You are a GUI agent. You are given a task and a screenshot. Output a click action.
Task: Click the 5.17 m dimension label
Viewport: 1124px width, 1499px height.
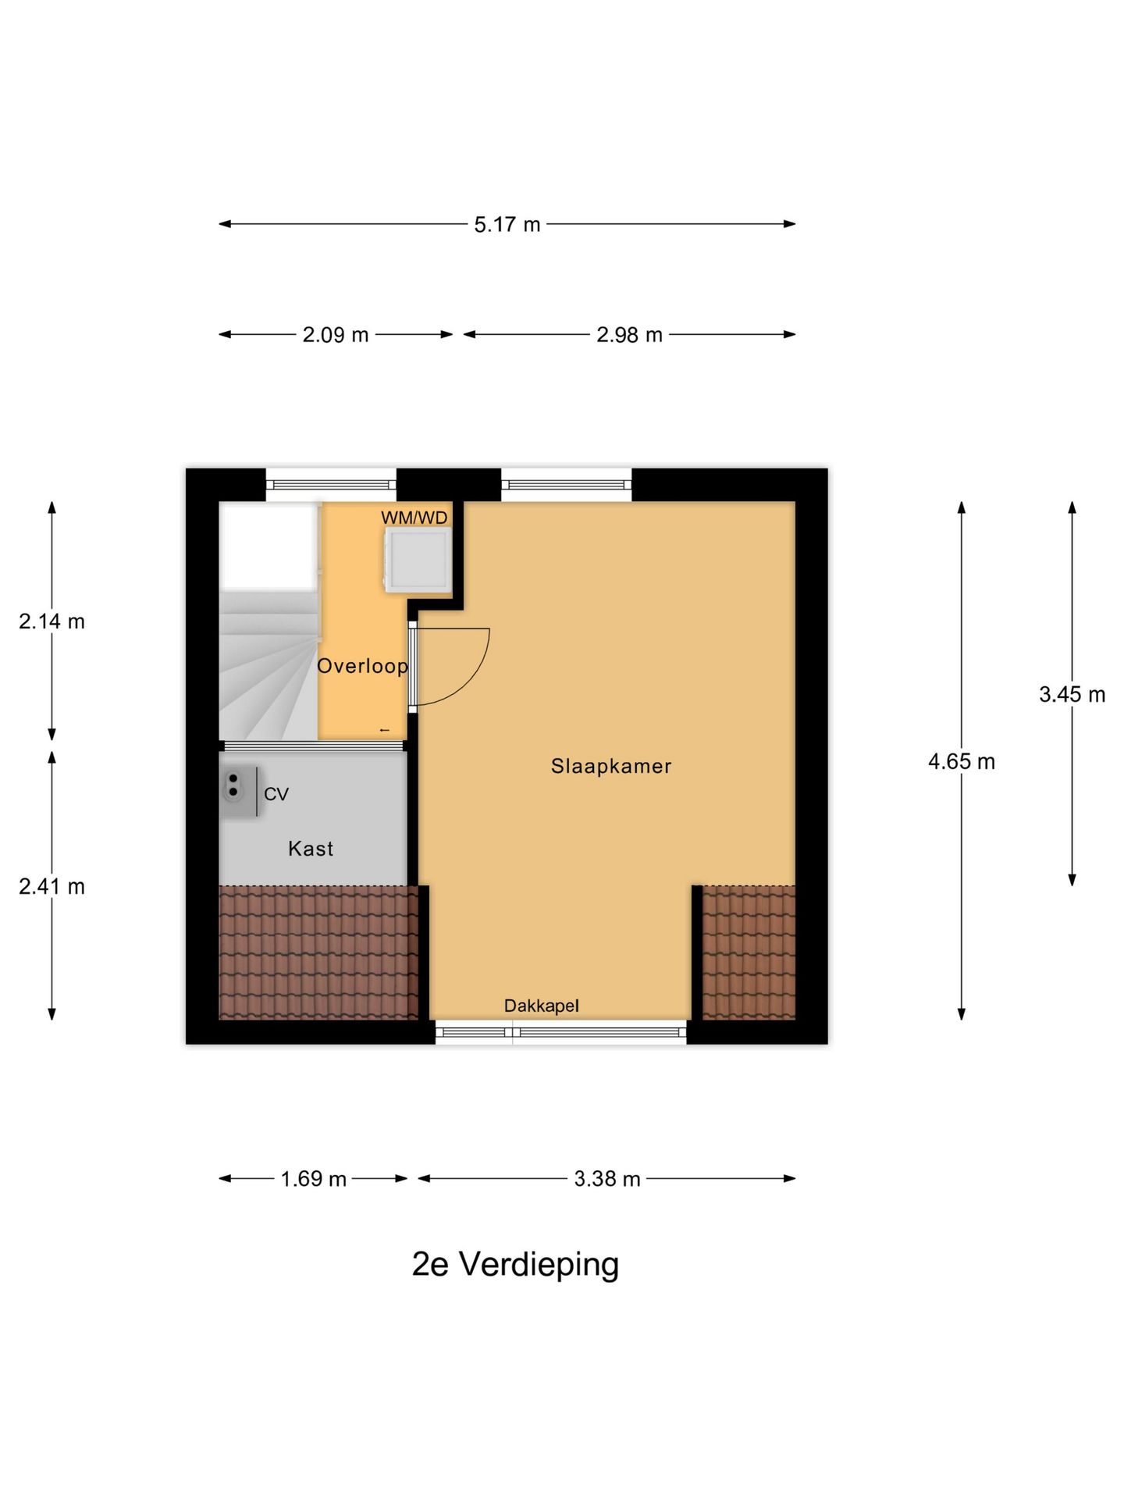(507, 225)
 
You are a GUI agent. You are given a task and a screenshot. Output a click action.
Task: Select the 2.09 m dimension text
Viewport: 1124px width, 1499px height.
(335, 335)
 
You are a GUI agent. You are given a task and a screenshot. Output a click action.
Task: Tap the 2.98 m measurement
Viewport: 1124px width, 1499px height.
(629, 335)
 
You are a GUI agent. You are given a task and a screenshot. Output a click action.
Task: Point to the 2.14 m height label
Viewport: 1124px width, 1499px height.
(52, 621)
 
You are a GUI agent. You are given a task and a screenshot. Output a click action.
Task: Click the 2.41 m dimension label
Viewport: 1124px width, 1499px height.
(52, 886)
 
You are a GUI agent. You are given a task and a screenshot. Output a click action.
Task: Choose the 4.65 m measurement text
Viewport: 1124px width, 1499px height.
(961, 761)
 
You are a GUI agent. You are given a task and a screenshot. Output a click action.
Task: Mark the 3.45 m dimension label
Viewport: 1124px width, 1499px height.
(1072, 694)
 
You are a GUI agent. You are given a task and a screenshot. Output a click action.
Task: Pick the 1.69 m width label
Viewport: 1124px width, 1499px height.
(313, 1178)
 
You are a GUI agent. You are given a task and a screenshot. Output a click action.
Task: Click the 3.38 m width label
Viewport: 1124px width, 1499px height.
(606, 1178)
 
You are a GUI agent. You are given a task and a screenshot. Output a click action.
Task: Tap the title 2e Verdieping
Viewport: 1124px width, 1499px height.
(515, 1264)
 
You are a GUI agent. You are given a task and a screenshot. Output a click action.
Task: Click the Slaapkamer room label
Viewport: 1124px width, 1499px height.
(610, 766)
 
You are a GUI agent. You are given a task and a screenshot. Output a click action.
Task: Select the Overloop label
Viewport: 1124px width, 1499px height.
(362, 666)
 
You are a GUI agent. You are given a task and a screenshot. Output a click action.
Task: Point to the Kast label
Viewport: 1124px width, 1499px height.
(311, 849)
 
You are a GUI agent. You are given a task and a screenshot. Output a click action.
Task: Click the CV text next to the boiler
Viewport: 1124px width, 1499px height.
(276, 794)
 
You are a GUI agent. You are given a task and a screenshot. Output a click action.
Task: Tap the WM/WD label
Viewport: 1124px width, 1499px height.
(414, 518)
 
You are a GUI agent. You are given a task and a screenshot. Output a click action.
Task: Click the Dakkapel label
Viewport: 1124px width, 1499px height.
(541, 1006)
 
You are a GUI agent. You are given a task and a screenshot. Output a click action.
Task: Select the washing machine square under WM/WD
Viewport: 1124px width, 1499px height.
(418, 559)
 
